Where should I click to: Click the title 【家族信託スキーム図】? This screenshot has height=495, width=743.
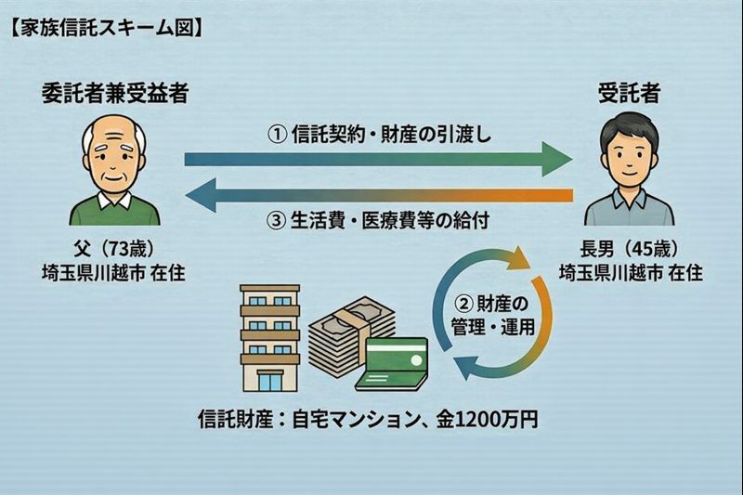tap(104, 26)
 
